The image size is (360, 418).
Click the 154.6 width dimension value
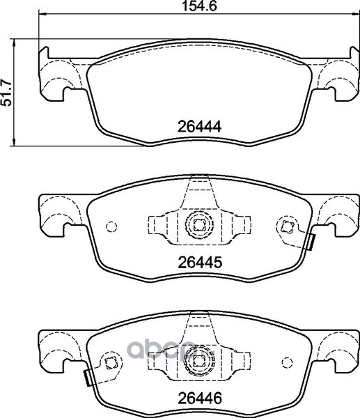(199, 6)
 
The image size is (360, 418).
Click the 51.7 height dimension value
(7, 93)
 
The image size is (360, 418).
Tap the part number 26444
(199, 127)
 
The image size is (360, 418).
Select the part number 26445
(200, 263)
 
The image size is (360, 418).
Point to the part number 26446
(200, 398)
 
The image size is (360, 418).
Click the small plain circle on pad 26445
(111, 227)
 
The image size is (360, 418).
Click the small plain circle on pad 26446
(288, 362)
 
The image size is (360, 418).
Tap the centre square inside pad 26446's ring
(198, 361)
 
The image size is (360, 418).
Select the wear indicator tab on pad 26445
(311, 242)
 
